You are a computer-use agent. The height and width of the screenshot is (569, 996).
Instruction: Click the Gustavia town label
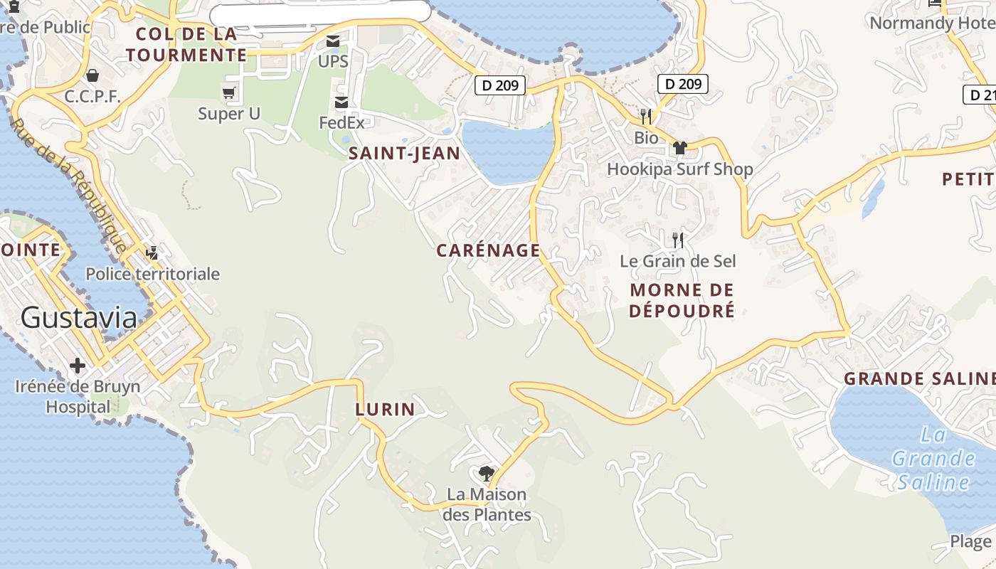point(79,317)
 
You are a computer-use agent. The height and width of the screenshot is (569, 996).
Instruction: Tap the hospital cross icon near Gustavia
point(78,366)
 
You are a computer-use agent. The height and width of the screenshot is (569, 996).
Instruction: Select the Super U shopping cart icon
point(229,93)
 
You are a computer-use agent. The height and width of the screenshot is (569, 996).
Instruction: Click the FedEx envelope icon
point(341,103)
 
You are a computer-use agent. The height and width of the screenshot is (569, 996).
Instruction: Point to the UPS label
point(333,61)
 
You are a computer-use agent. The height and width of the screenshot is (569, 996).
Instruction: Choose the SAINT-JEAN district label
point(404,154)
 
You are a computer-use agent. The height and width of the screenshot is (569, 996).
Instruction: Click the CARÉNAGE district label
point(488,250)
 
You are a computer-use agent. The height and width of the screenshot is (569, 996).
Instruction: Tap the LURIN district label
point(385,409)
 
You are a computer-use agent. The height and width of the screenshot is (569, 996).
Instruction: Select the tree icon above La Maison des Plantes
point(487,473)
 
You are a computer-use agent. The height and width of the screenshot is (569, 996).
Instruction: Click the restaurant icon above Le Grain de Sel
point(678,240)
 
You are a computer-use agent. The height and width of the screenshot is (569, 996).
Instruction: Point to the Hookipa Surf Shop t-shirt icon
point(680,148)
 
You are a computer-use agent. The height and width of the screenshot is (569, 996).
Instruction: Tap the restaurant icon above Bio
point(646,116)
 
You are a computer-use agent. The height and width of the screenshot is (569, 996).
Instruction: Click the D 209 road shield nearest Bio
point(682,84)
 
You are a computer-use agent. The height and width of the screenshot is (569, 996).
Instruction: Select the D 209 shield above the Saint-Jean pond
point(500,85)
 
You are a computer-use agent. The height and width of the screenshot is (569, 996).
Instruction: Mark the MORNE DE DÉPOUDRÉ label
point(682,300)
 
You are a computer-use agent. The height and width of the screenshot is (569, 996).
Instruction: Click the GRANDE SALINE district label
point(918,379)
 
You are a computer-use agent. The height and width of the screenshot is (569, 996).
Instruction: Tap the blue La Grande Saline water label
point(933,459)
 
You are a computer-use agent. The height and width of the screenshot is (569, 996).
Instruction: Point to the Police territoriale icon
point(152,252)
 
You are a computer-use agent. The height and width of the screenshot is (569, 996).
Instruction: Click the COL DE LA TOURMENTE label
point(186,44)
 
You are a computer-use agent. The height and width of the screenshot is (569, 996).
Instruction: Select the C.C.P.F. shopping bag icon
point(92,75)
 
